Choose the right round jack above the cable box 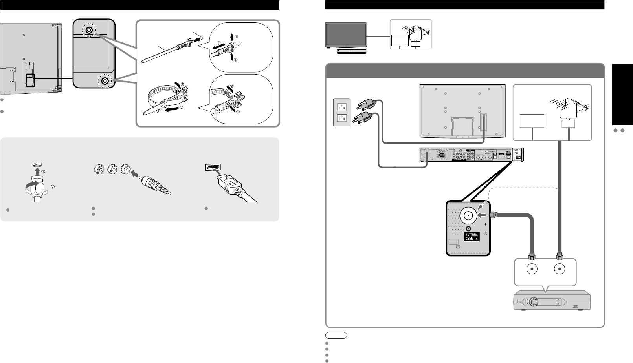coord(559,270)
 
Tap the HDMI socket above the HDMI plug coord(213,168)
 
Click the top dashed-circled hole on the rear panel coord(89,30)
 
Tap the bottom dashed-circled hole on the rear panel coord(105,81)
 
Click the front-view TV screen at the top coord(346,35)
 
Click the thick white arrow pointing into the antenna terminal coord(482,215)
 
